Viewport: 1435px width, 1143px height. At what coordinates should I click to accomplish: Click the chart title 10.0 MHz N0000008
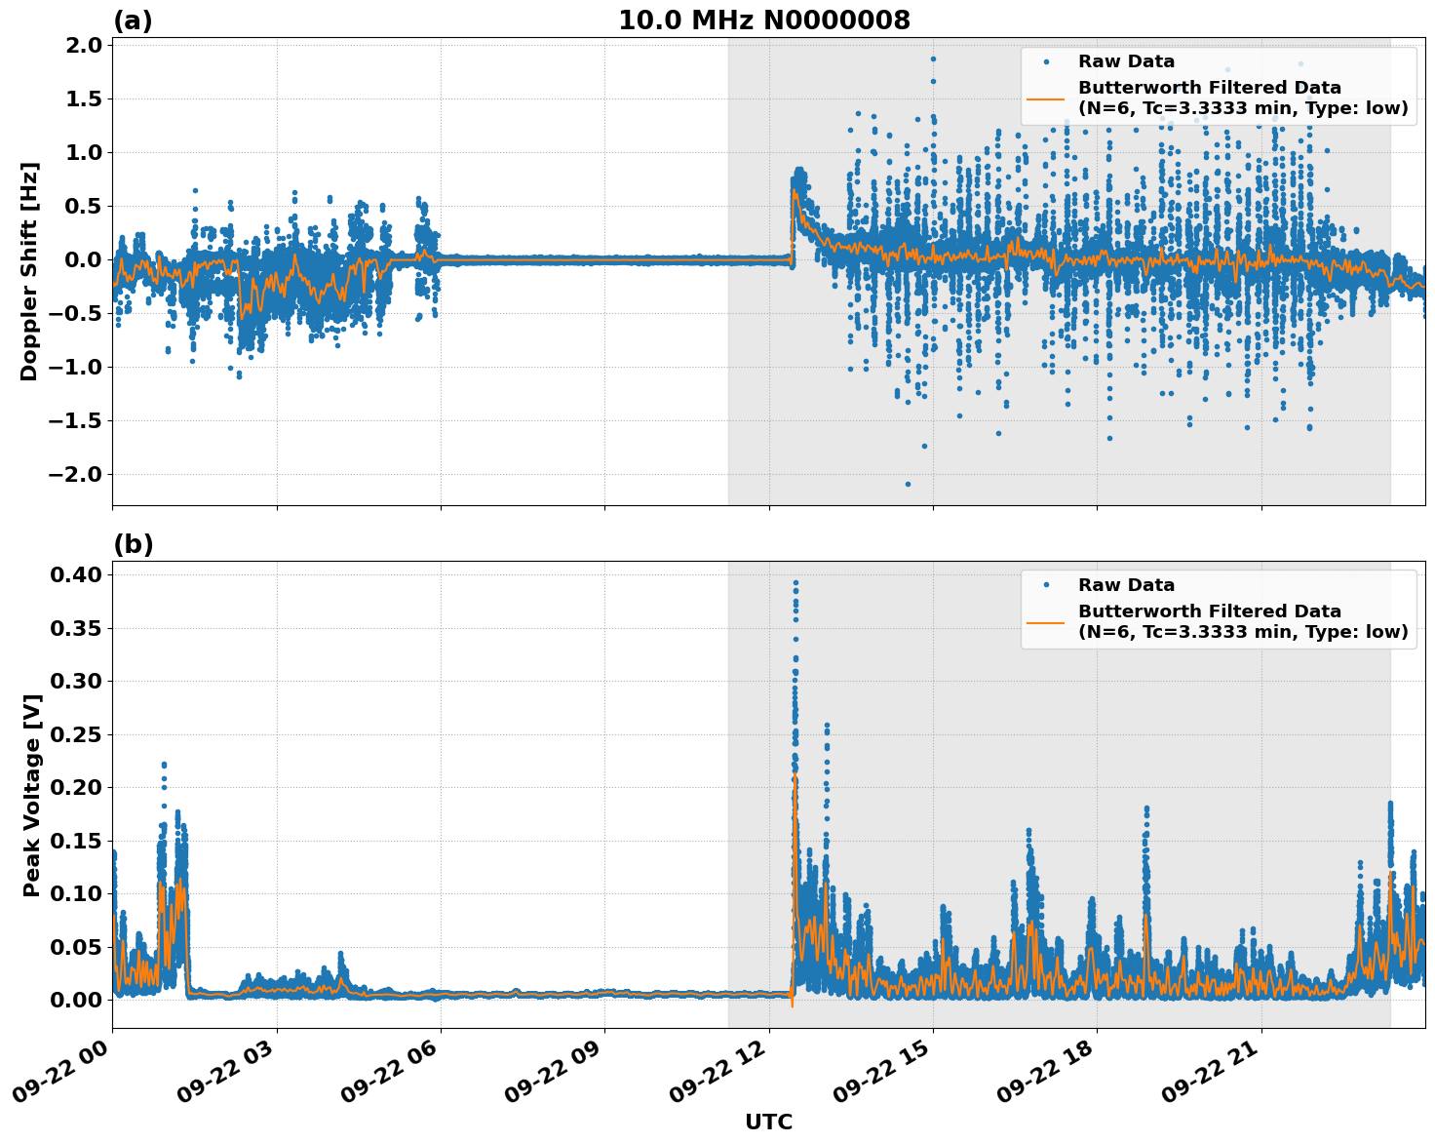click(x=763, y=20)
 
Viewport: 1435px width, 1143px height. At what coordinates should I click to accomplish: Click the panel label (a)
click(x=133, y=20)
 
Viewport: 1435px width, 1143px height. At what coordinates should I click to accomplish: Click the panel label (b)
click(x=133, y=544)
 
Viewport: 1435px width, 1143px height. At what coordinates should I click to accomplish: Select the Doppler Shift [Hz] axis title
click(x=29, y=271)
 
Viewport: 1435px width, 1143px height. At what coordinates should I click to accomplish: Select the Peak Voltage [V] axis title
click(x=32, y=795)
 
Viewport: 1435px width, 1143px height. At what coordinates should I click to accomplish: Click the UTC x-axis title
click(x=768, y=1122)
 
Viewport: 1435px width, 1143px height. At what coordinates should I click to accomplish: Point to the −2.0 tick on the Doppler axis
click(x=76, y=474)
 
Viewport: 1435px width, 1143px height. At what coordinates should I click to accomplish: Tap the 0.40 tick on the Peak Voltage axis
click(x=76, y=574)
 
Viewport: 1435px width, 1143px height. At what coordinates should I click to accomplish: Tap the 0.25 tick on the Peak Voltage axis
click(x=76, y=733)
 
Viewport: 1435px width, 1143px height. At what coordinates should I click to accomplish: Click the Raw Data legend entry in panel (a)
click(x=1126, y=61)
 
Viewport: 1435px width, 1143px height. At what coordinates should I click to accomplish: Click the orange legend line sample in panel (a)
click(x=1046, y=98)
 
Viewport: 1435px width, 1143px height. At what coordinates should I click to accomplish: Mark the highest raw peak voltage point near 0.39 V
click(x=795, y=583)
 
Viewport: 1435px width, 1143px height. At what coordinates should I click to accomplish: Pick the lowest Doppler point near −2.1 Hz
click(x=908, y=484)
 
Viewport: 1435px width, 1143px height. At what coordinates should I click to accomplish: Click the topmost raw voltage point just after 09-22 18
click(x=1146, y=808)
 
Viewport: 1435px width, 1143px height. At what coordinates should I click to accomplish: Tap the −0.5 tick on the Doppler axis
click(x=76, y=313)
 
